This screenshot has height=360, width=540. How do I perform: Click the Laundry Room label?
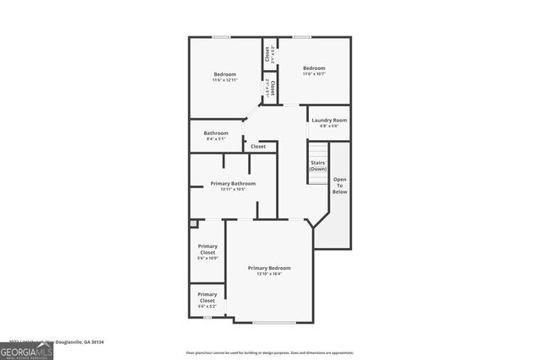pos(329,121)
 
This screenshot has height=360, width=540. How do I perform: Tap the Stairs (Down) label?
pos(317,165)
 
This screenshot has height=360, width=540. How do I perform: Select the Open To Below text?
pos(339,185)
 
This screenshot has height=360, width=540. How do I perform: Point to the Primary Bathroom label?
pos(233,183)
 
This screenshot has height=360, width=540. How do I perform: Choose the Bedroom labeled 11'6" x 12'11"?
pos(224,74)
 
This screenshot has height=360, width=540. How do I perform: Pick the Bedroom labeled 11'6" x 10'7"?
pos(314,68)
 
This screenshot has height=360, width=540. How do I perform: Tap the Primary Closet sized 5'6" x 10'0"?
pos(208,250)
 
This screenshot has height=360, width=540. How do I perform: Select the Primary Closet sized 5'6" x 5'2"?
pos(208,298)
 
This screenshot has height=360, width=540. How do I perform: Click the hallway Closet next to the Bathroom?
pos(258,147)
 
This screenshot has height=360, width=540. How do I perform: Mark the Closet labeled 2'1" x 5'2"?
pos(267,55)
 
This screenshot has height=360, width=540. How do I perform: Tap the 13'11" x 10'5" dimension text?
pos(233,189)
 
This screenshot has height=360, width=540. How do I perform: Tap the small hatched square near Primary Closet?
pos(193,223)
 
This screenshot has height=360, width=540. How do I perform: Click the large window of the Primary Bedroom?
pos(268,323)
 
